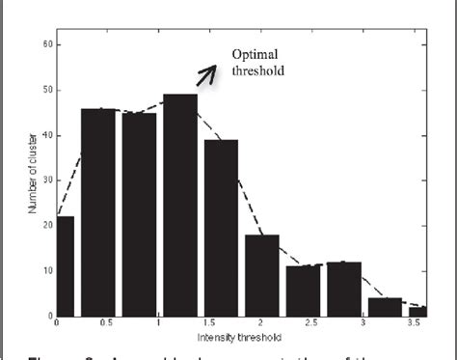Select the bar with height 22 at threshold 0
(x=65, y=265)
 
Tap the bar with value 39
(x=221, y=227)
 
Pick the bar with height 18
(x=262, y=274)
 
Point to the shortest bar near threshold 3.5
(x=418, y=311)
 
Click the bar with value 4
(x=385, y=306)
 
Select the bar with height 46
(x=98, y=211)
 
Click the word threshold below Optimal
(x=259, y=70)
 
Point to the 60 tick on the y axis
(x=47, y=44)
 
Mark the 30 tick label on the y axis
(x=47, y=180)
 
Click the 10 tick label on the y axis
(x=47, y=270)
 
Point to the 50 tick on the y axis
(x=47, y=90)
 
